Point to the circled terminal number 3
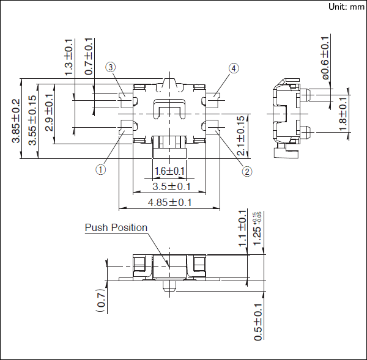111,67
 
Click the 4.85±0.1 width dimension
169,202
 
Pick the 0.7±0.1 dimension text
89,56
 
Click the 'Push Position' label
116,228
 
